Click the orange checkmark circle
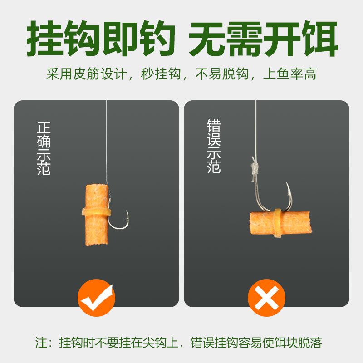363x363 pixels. point(96,298)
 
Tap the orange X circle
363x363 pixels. point(266,298)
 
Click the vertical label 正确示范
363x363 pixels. point(44,148)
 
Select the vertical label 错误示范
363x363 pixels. point(214,146)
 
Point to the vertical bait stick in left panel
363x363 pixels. point(97,215)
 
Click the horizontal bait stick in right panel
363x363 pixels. point(280,223)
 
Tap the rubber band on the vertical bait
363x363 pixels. point(96,211)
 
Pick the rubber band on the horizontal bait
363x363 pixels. point(277,223)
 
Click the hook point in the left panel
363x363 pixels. point(127,211)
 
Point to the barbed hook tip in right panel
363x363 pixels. point(287,184)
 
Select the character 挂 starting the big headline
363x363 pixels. point(44,39)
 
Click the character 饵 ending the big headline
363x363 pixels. point(320,39)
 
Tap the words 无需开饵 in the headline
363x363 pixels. point(263,39)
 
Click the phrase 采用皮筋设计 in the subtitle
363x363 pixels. point(86,74)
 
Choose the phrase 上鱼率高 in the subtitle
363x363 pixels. point(290,74)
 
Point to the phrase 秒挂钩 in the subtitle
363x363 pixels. point(161,74)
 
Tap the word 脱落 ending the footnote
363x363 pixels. point(310,343)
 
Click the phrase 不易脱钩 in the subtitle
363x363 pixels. point(222,74)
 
